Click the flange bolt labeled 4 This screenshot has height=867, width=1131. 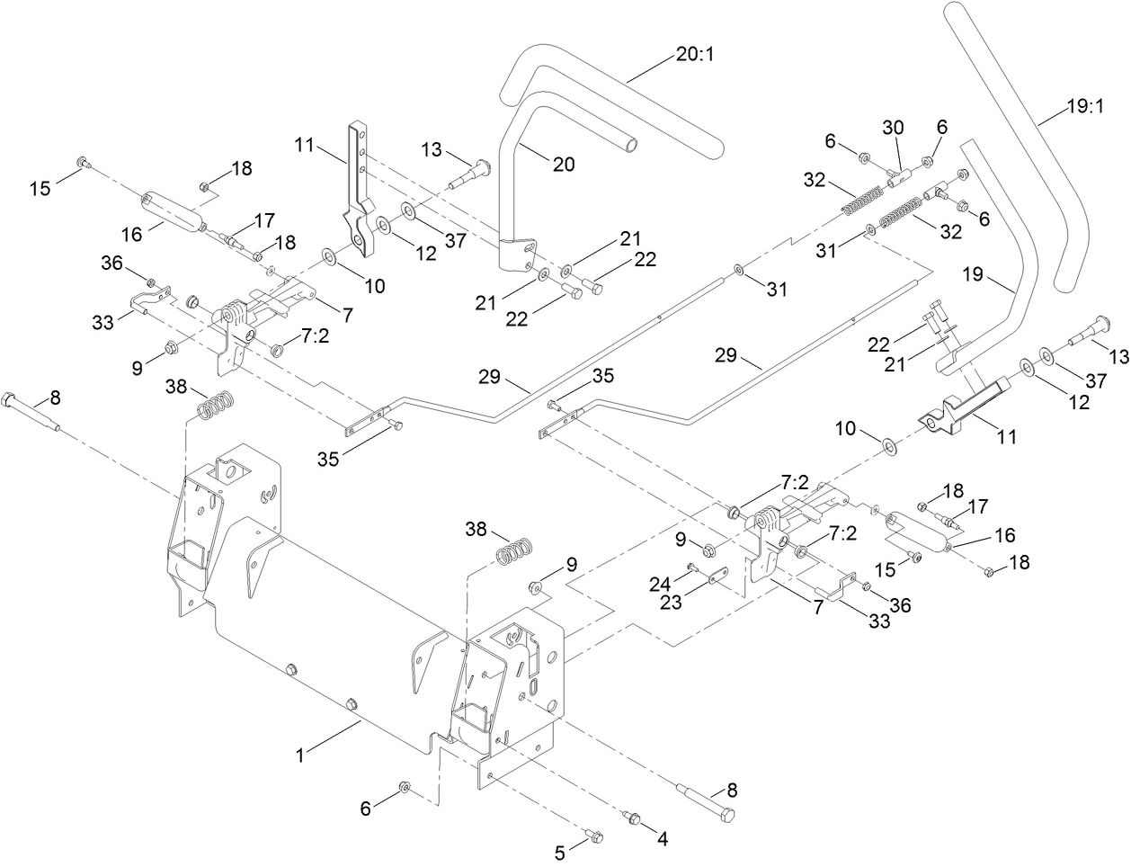pyautogui.click(x=629, y=817)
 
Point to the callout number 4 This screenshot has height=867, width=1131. pyautogui.click(x=663, y=839)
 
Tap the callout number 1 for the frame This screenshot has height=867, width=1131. pyautogui.click(x=300, y=756)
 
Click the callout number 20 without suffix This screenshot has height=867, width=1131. pyautogui.click(x=565, y=165)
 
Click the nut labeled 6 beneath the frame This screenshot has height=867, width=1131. pyautogui.click(x=405, y=788)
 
